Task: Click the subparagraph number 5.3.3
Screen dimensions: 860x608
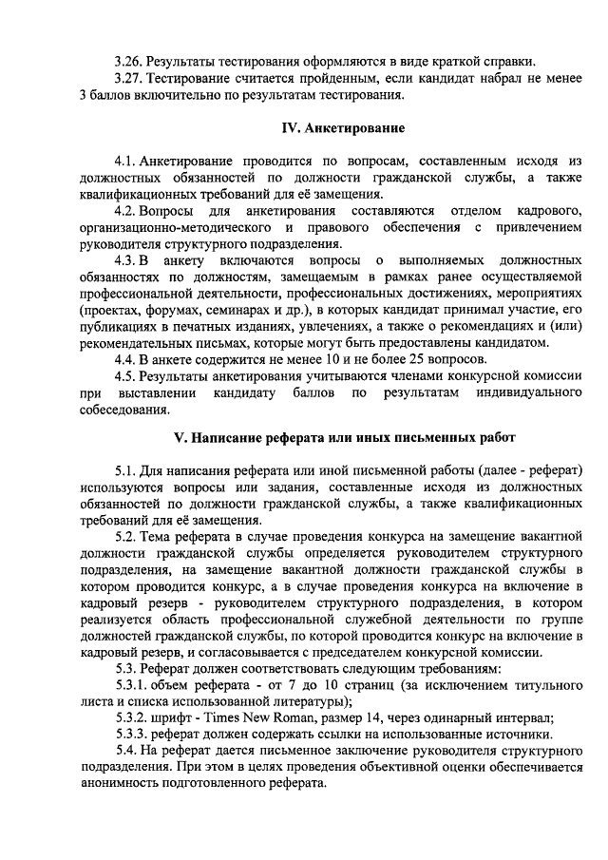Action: (x=132, y=735)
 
